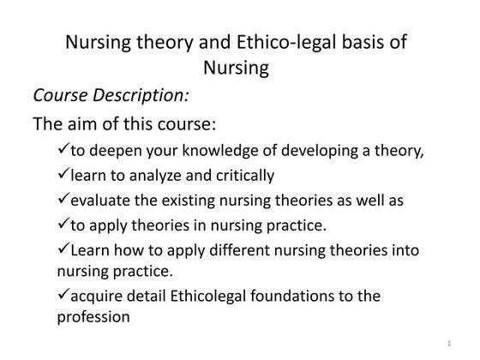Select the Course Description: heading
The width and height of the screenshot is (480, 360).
click(111, 93)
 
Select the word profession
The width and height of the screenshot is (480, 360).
click(93, 317)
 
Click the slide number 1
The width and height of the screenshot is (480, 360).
click(448, 344)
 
